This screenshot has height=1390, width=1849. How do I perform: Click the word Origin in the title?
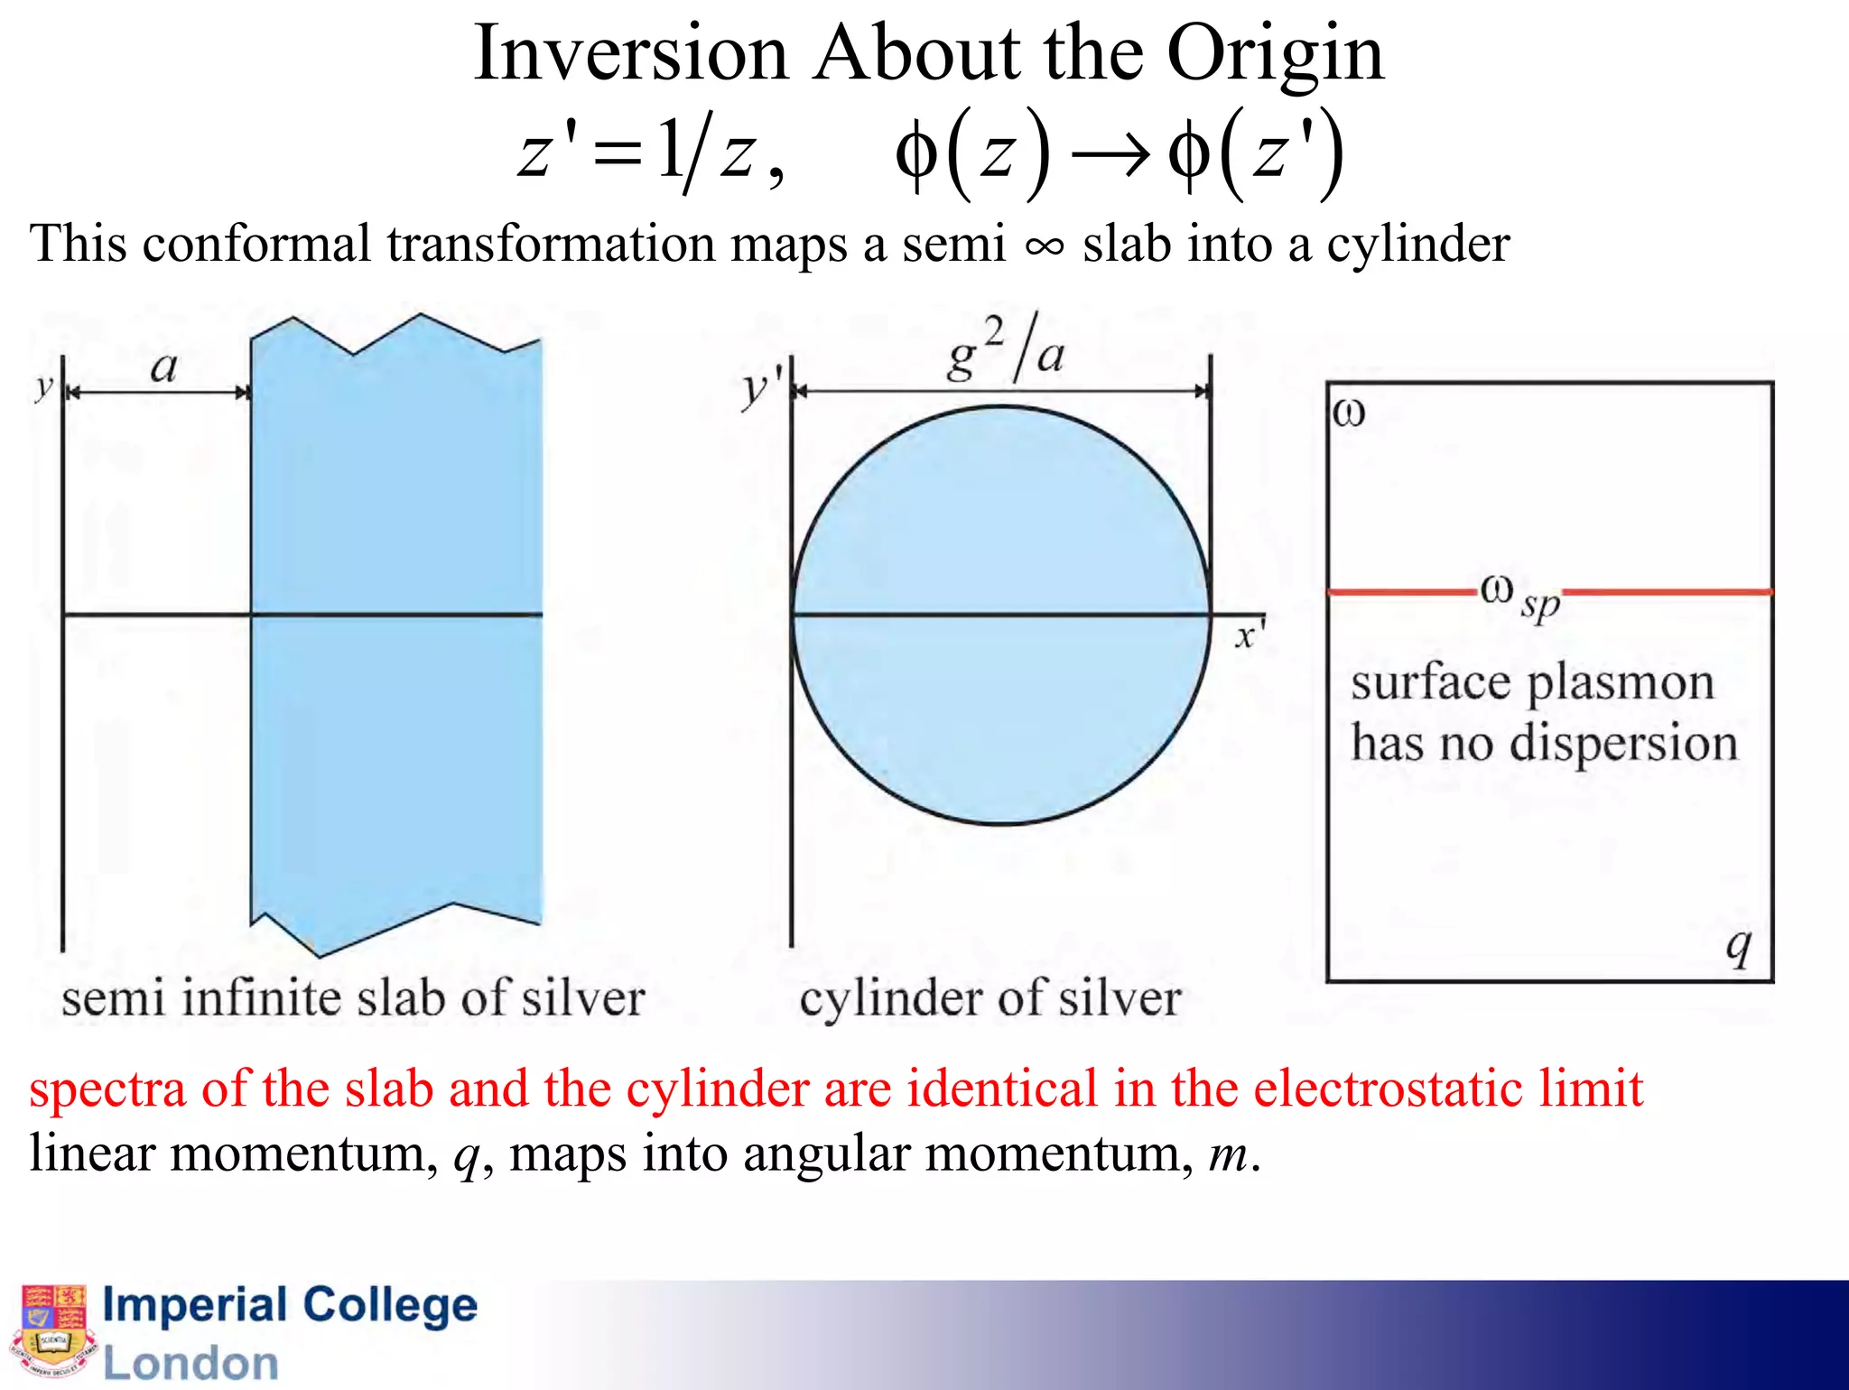[1275, 56]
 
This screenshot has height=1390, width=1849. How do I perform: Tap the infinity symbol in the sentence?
[1045, 246]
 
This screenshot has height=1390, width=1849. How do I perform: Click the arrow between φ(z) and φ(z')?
[1110, 155]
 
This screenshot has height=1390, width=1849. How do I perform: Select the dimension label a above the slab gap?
[163, 367]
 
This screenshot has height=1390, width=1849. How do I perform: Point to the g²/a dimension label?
[1005, 350]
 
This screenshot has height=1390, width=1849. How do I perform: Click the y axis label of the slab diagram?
[43, 387]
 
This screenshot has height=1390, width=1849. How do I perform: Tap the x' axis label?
[1250, 635]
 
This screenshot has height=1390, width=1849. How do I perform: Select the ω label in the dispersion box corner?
[1349, 414]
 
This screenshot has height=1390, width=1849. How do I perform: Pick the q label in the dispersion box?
[1738, 947]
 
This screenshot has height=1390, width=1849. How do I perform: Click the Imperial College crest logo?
[53, 1330]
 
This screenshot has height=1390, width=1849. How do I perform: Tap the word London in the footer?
[190, 1363]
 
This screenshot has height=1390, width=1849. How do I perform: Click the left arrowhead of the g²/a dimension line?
[801, 391]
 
